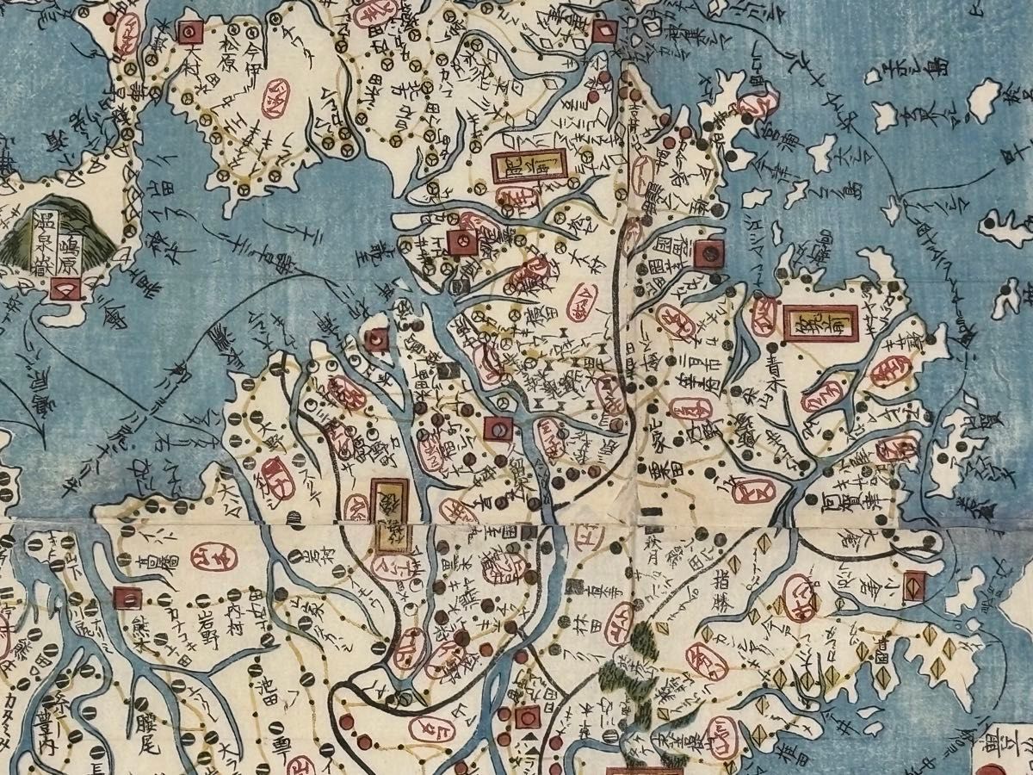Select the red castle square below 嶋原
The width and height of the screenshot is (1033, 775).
coord(65,288)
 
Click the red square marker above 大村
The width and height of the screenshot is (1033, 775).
coord(189,34)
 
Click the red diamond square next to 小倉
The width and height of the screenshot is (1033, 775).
coord(914,582)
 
